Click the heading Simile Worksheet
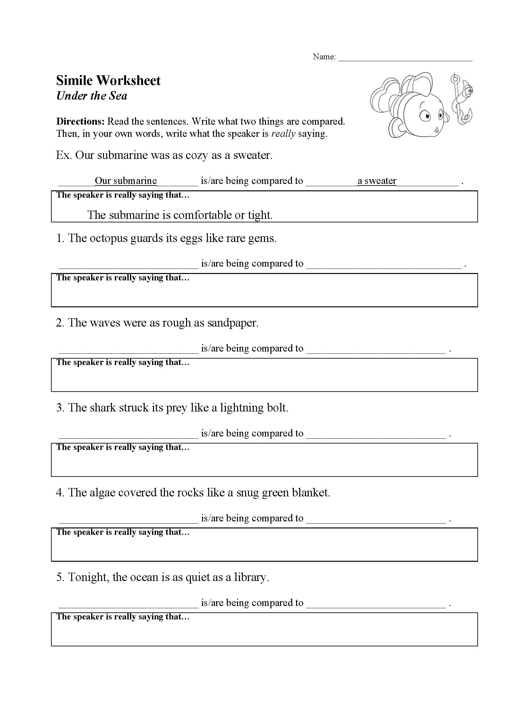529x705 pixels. (108, 80)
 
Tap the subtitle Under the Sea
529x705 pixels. (92, 96)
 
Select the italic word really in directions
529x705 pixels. (283, 134)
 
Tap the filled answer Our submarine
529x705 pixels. (126, 181)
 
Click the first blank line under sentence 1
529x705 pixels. (129, 266)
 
